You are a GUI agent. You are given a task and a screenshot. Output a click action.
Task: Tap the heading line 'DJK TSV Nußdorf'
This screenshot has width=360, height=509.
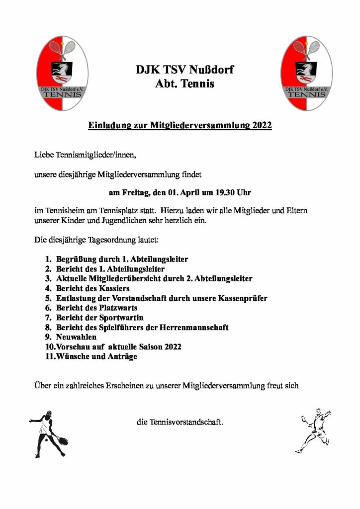click(184, 70)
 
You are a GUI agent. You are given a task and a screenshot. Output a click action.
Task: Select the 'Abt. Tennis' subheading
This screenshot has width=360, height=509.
click(184, 85)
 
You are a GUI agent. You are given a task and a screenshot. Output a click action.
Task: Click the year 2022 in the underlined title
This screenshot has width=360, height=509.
click(262, 125)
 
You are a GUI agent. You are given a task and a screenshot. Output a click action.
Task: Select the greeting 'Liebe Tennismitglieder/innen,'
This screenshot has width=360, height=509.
click(84, 156)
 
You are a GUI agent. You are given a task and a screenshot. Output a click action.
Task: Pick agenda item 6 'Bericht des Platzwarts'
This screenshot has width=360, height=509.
click(96, 308)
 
